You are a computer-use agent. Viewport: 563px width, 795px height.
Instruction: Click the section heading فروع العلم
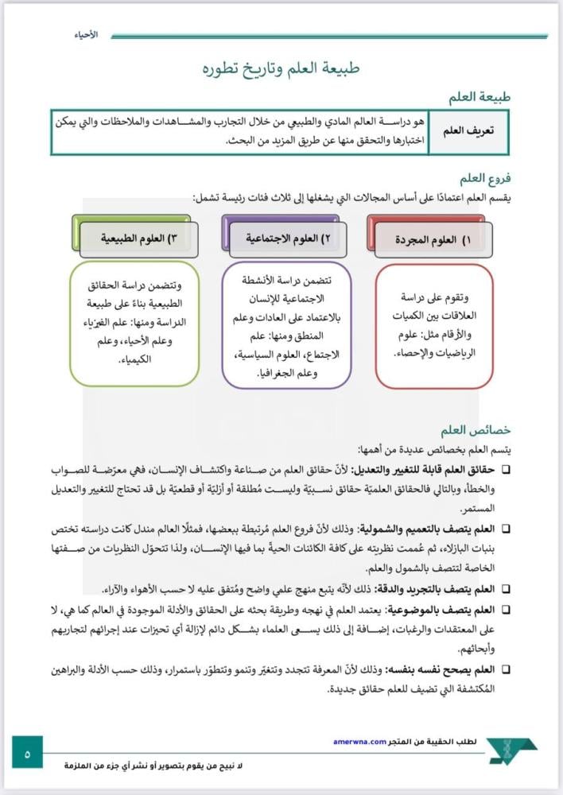coord(484,179)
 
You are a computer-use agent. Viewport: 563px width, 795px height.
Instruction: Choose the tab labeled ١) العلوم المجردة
coord(433,238)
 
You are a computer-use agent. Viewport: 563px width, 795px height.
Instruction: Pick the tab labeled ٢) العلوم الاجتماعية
coord(287,238)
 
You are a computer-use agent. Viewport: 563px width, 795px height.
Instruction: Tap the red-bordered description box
coord(433,326)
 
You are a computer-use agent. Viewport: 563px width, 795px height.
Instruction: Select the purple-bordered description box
coord(286,325)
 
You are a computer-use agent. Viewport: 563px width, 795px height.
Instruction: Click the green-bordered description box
coord(134,324)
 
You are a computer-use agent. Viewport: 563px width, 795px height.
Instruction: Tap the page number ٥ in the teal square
coord(27,751)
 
